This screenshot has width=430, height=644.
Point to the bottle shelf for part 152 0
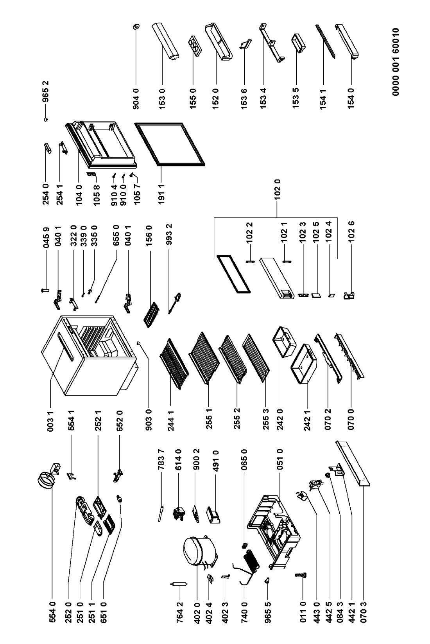point(217,42)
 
